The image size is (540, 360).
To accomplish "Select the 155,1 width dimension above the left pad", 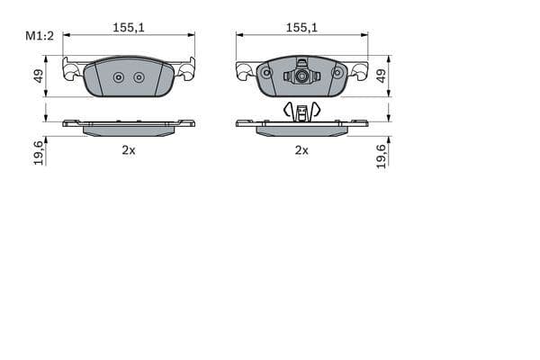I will [x=129, y=28].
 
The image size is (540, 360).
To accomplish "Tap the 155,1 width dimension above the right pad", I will [x=301, y=28].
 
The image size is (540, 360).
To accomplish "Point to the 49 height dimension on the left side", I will [x=39, y=76].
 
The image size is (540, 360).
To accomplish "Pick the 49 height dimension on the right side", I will [x=381, y=76].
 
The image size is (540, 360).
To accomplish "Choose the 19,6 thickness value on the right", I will [x=381, y=154].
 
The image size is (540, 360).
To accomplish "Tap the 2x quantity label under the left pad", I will [x=129, y=150].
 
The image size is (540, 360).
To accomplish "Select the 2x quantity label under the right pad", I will [x=301, y=150].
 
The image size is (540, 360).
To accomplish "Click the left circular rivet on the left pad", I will [x=119, y=77].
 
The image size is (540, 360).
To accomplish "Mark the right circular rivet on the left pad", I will [x=139, y=77].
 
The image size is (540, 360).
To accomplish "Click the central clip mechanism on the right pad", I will [x=301, y=76].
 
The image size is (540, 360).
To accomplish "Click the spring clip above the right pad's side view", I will [x=301, y=111].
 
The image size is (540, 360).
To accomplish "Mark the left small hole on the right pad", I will [x=266, y=72].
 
